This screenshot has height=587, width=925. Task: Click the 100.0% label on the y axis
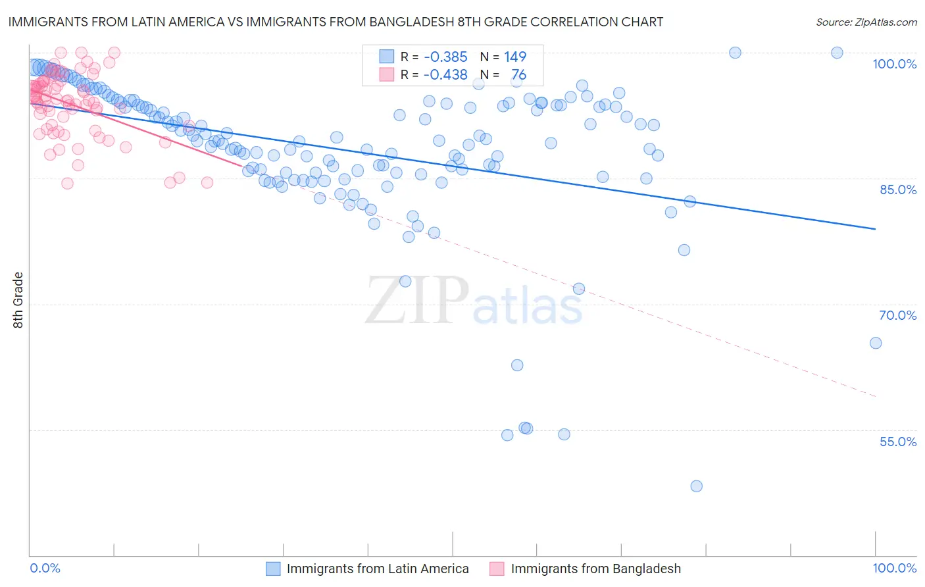[x=894, y=64]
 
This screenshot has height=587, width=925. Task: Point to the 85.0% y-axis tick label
[x=898, y=190]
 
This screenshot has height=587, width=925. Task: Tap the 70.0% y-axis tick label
[x=897, y=315]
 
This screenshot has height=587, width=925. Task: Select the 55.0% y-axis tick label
[x=897, y=442]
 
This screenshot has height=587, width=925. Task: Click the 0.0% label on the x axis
[x=45, y=568]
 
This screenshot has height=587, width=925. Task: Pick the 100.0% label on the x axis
[x=894, y=568]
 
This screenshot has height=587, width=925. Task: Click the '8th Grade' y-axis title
[x=18, y=300]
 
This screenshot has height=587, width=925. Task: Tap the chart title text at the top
[x=335, y=22]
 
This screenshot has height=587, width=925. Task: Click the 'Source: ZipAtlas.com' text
[x=866, y=22]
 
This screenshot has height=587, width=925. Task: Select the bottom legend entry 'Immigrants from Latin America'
[x=378, y=569]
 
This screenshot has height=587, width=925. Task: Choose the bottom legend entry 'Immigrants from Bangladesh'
[x=595, y=569]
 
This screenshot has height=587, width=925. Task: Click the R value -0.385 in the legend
[x=445, y=57]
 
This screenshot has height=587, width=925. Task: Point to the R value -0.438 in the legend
[x=445, y=75]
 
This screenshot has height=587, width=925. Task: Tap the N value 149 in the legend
[x=515, y=57]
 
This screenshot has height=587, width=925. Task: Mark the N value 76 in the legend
[x=518, y=75]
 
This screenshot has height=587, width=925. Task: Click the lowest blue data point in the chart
[x=696, y=486]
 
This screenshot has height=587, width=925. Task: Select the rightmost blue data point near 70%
[x=875, y=343]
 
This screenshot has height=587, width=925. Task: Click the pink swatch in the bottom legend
[x=497, y=569]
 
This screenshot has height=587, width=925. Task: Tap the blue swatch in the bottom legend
[x=273, y=569]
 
